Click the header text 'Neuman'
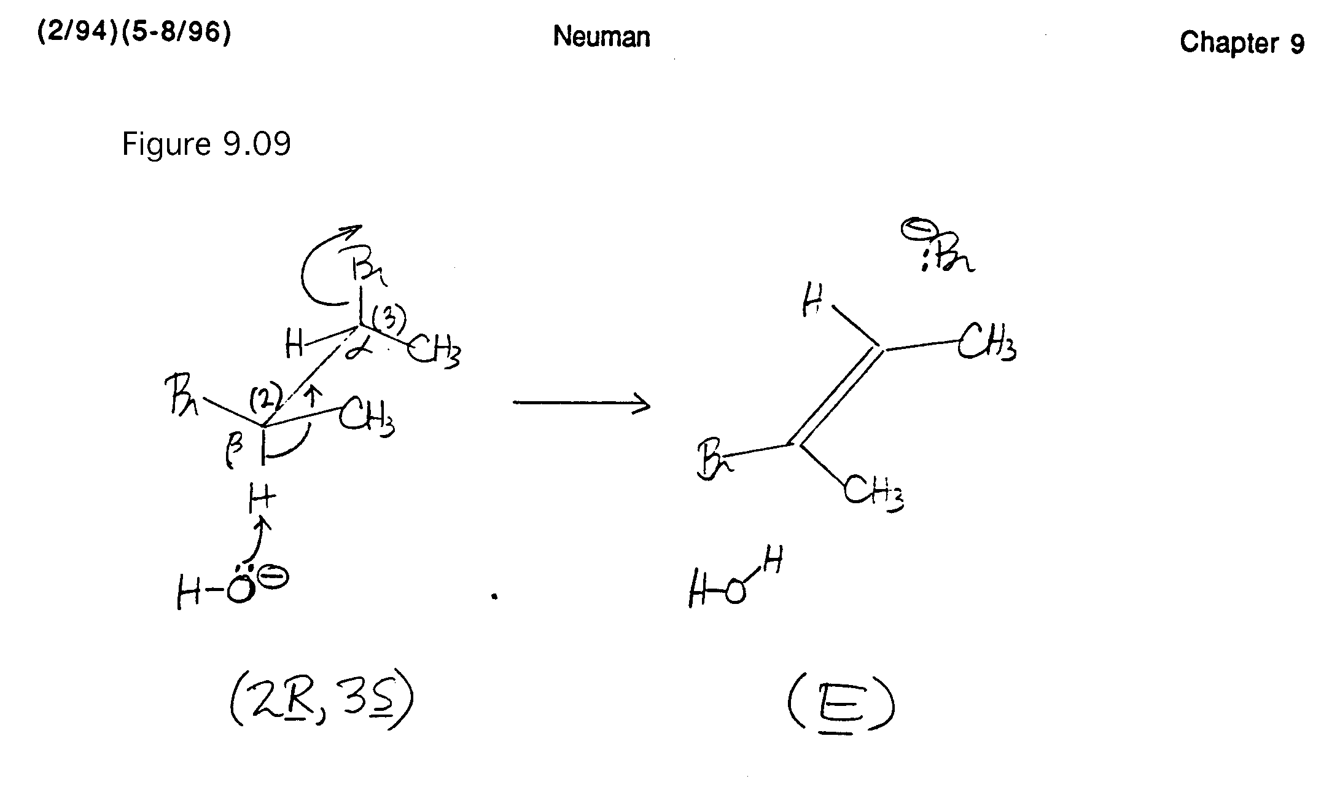click(x=601, y=36)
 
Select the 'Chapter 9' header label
click(x=1242, y=42)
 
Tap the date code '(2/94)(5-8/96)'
click(x=134, y=32)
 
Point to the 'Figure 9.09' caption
click(x=206, y=144)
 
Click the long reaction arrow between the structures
click(x=581, y=404)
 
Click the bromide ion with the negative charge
click(x=938, y=249)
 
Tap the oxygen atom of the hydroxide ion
click(x=239, y=590)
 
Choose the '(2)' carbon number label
click(x=266, y=398)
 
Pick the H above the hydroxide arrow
click(x=261, y=499)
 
